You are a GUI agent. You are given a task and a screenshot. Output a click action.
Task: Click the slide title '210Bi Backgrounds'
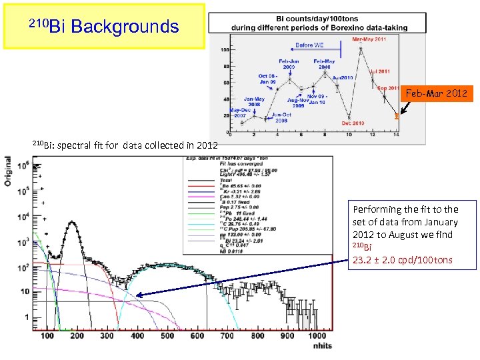click(105, 27)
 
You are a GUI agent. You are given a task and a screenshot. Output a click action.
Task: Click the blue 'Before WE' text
click(310, 46)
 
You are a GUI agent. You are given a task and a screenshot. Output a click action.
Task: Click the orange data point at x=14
click(397, 116)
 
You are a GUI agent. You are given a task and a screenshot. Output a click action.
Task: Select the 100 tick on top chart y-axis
click(227, 50)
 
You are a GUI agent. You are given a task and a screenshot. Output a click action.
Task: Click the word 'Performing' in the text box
click(372, 210)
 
